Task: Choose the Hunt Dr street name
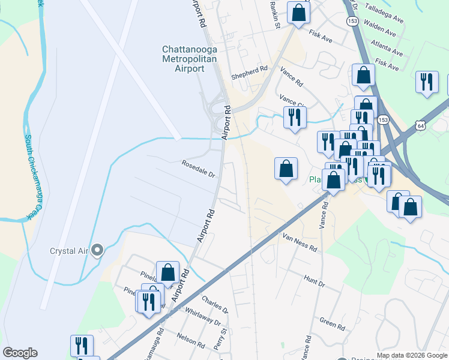[314, 280]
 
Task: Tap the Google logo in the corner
[20, 353]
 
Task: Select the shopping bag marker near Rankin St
[298, 13]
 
